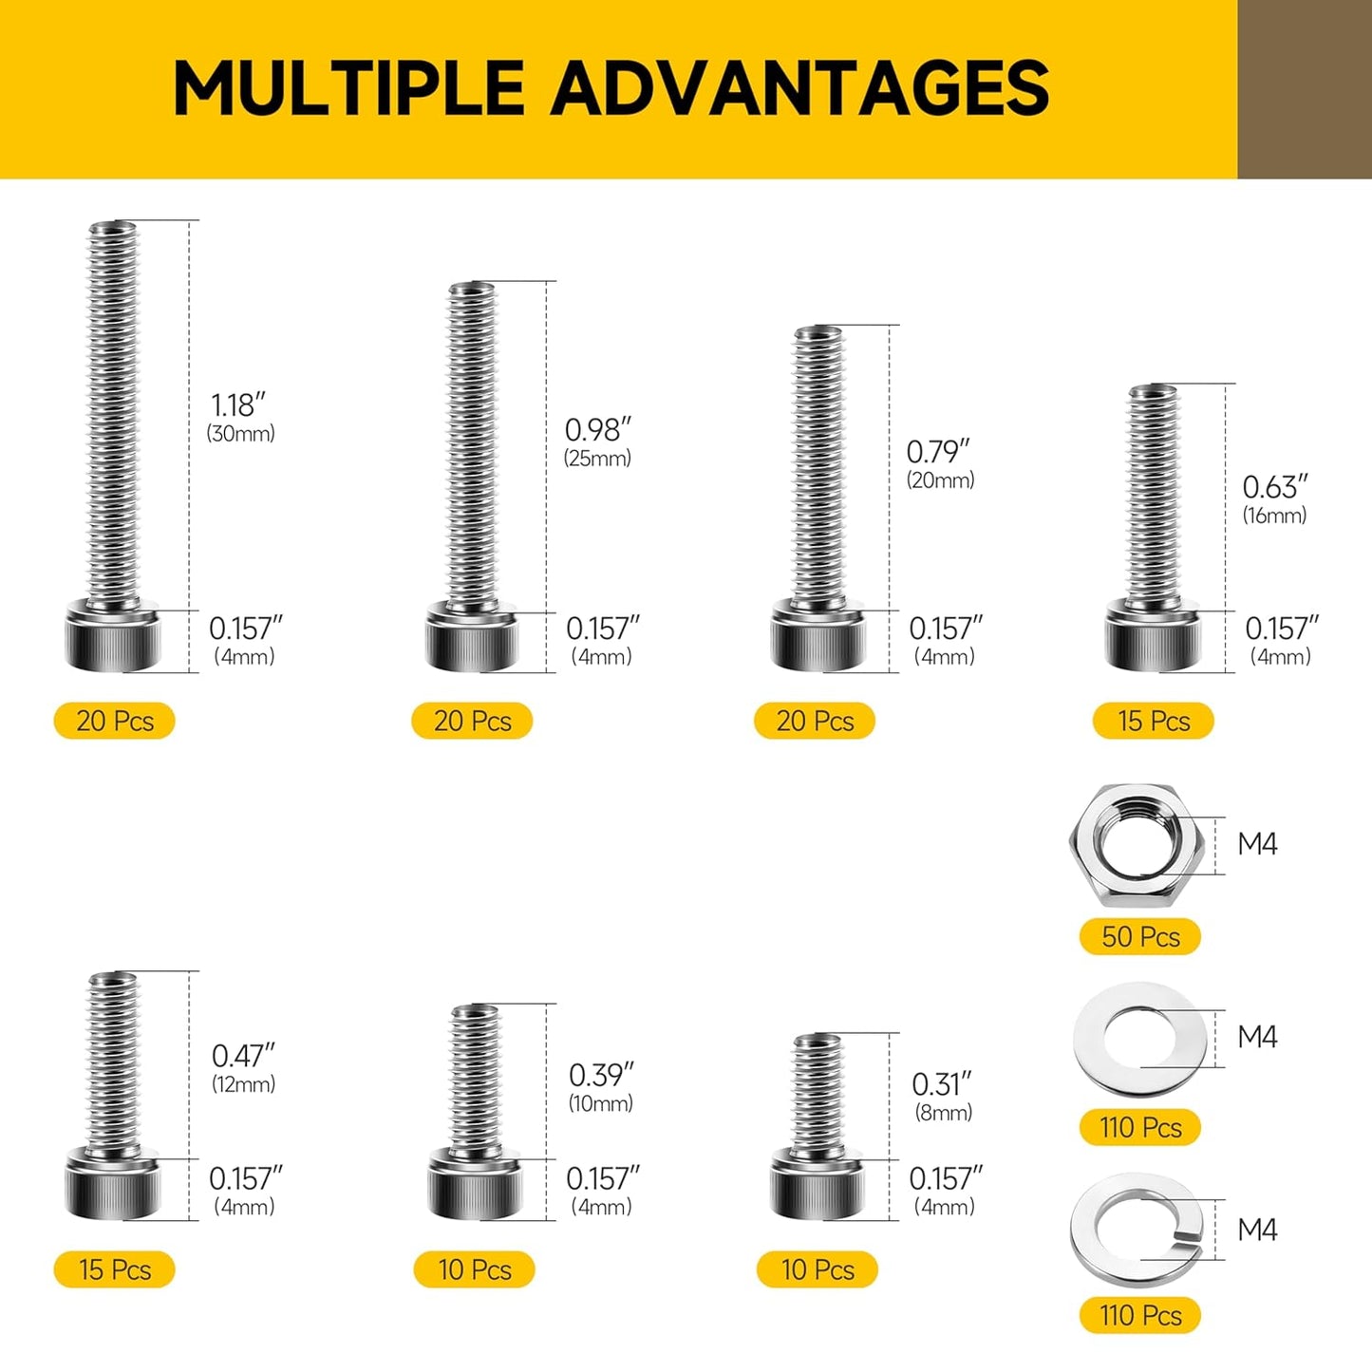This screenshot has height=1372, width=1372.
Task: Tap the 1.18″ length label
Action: (x=237, y=405)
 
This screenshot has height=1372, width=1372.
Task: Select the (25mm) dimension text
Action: (x=597, y=458)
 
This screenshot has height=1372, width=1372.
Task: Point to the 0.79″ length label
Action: (x=938, y=451)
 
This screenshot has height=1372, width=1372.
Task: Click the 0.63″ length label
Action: (x=1274, y=487)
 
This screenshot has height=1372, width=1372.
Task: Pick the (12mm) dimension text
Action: (x=243, y=1083)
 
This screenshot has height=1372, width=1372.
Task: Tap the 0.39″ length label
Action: (x=601, y=1075)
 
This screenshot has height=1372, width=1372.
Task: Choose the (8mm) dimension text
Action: (x=944, y=1112)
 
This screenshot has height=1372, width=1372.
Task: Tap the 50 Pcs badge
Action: (x=1140, y=937)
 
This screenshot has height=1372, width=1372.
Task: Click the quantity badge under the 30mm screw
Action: (x=115, y=721)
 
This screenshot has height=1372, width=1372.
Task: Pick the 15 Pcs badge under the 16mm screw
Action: (x=1154, y=721)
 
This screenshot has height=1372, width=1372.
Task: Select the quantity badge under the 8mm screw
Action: (x=818, y=1269)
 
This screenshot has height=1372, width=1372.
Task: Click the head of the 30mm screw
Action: (x=112, y=636)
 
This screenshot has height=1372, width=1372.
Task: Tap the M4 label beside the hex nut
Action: (x=1257, y=844)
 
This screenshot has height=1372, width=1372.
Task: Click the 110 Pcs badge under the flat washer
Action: (x=1140, y=1128)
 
